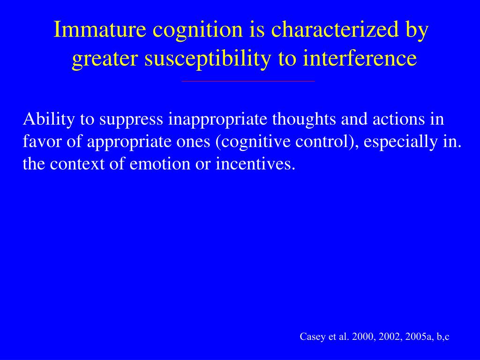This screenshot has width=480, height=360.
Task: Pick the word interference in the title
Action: click(x=360, y=59)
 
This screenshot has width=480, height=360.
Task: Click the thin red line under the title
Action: click(x=248, y=82)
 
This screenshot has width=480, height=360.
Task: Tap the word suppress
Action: click(x=132, y=120)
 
